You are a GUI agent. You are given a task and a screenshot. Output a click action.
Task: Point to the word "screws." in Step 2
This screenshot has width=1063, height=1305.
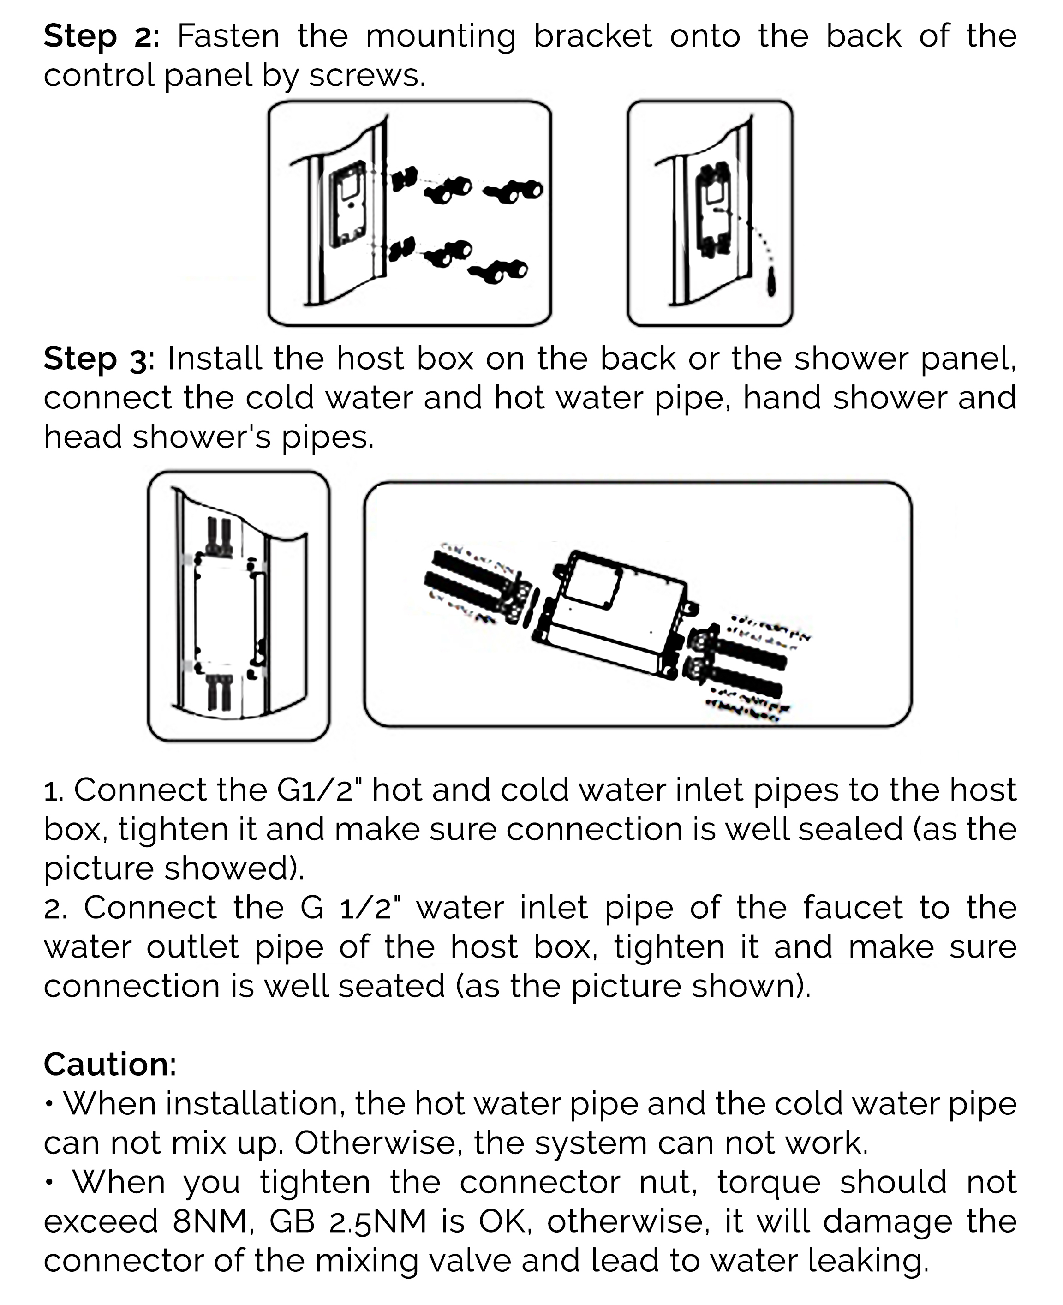366,76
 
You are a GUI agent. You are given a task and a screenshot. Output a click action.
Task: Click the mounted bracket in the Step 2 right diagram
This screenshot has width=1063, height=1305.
714,208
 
